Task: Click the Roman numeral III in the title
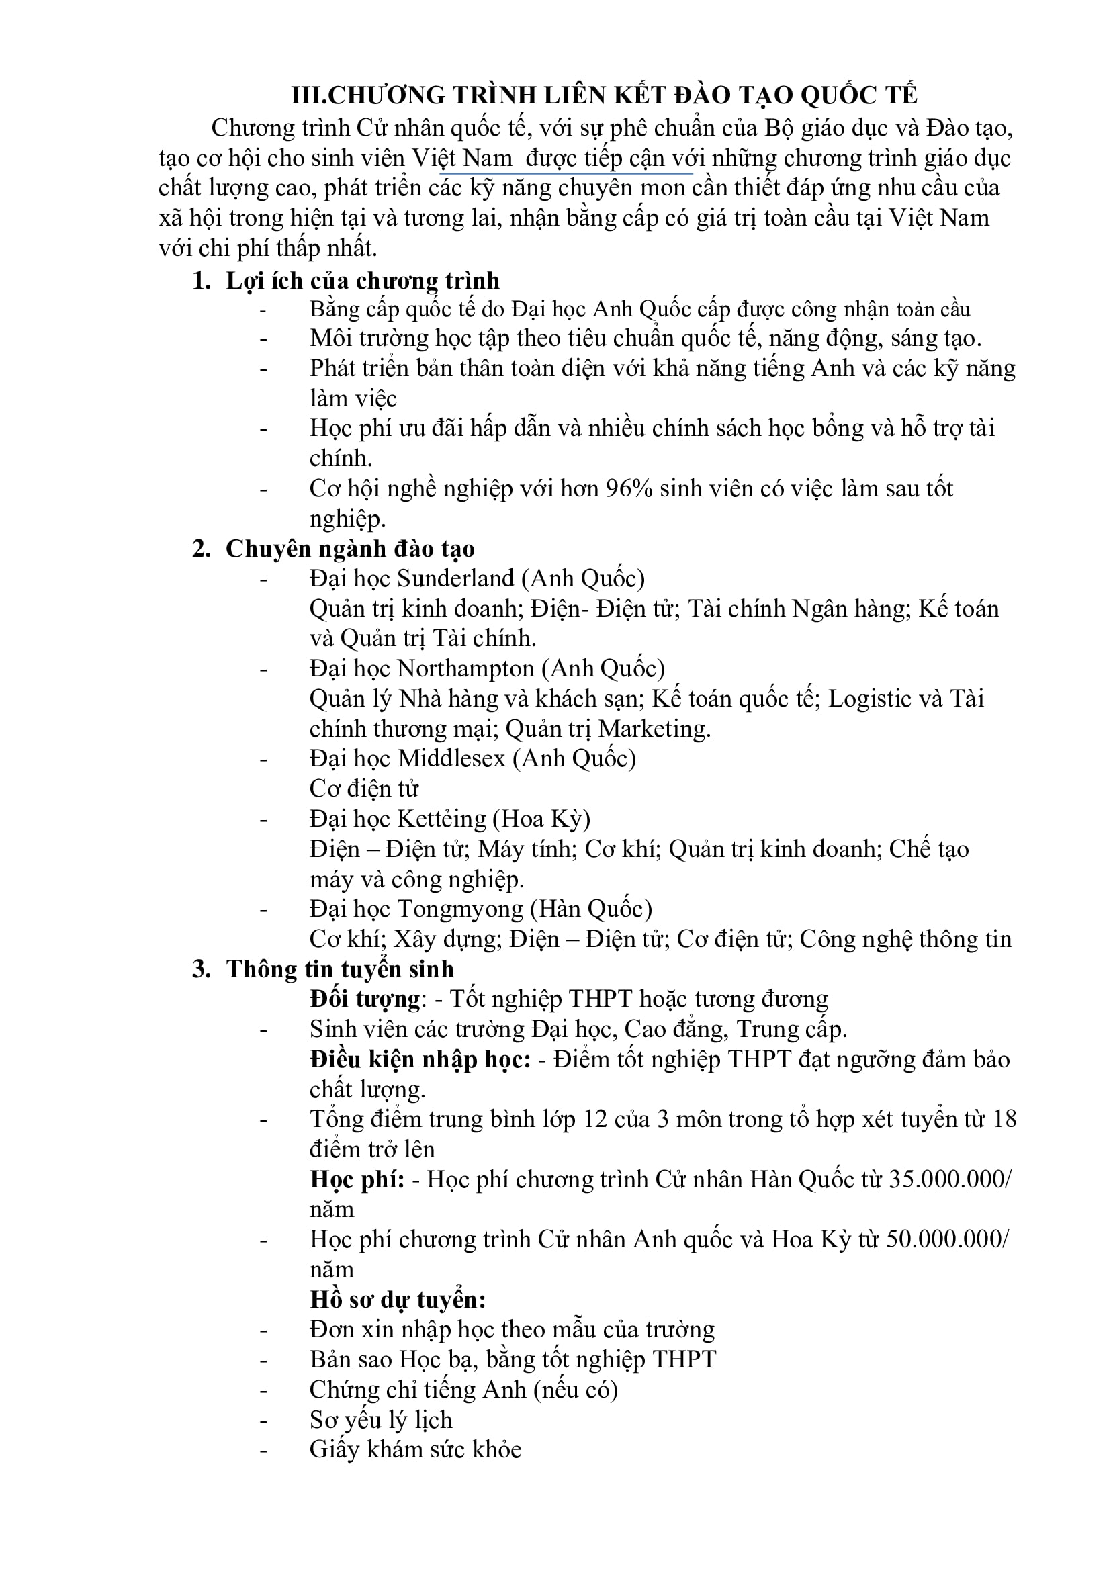pyautogui.click(x=308, y=95)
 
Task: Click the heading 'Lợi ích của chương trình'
pyautogui.click(x=362, y=281)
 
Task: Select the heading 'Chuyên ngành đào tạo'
pyautogui.click(x=349, y=549)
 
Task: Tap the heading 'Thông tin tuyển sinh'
pyautogui.click(x=340, y=969)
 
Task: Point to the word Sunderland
pyautogui.click(x=455, y=579)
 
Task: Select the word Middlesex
pyautogui.click(x=451, y=758)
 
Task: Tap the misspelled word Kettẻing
pyautogui.click(x=441, y=819)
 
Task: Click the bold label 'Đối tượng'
pyautogui.click(x=365, y=999)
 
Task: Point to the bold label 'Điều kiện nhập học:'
pyautogui.click(x=420, y=1059)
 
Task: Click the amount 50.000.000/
pyautogui.click(x=947, y=1240)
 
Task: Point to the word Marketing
pyautogui.click(x=654, y=729)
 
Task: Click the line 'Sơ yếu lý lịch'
pyautogui.click(x=380, y=1421)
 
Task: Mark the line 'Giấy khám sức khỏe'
pyautogui.click(x=414, y=1450)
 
